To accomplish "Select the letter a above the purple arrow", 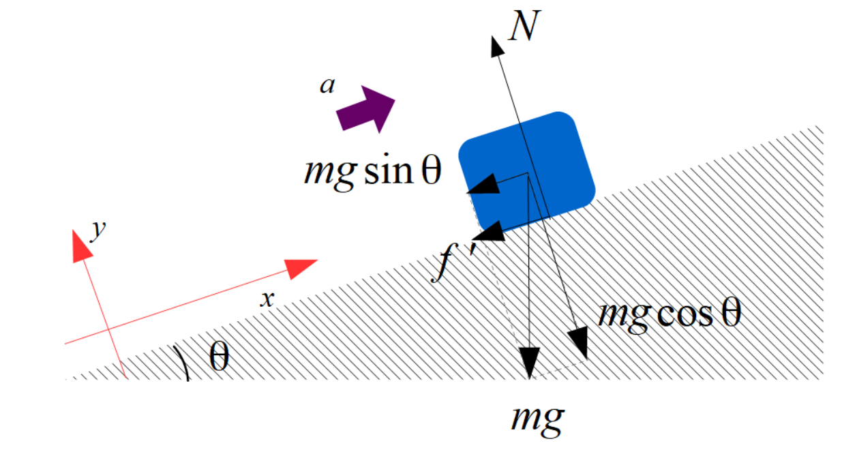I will coord(328,86).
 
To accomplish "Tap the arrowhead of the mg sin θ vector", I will coord(486,185).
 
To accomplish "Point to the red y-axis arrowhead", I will coord(81,245).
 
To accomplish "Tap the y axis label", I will coord(100,229).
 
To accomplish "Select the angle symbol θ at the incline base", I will coord(218,358).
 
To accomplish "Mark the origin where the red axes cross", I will coord(110,333).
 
